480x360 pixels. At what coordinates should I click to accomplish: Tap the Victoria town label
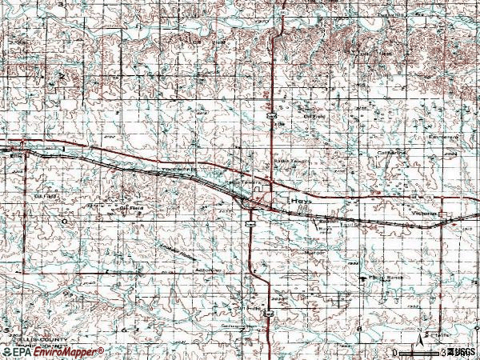pos(425,214)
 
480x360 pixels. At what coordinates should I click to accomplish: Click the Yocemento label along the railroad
pos(178,170)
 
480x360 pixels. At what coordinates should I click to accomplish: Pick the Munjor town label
pos(313,252)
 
